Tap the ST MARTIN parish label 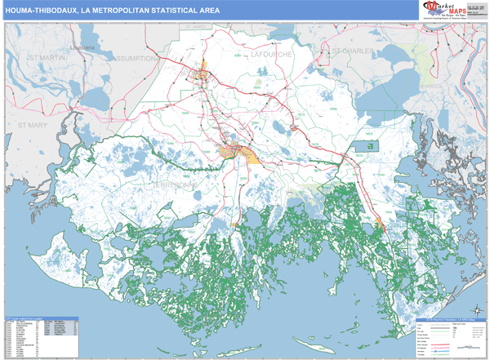pos(45,58)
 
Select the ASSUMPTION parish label pos(138,59)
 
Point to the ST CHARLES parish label pos(352,50)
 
